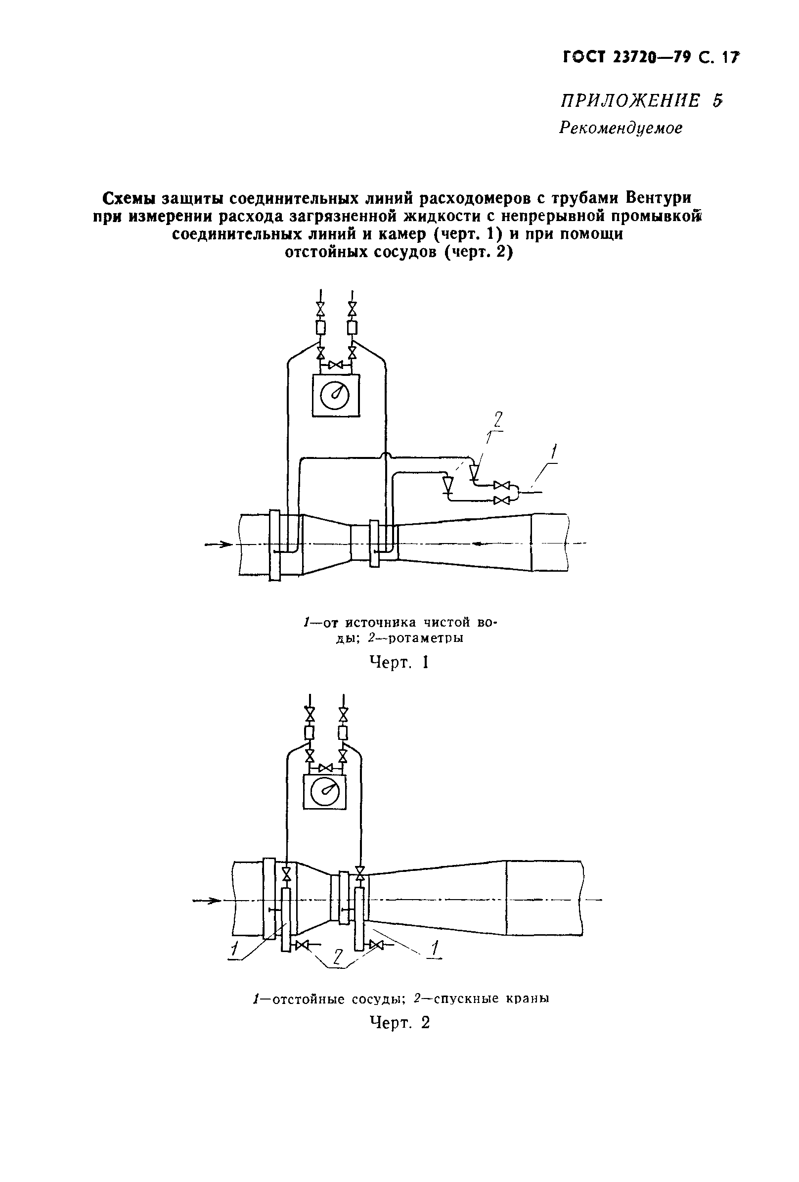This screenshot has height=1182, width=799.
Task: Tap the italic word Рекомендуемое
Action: click(x=621, y=128)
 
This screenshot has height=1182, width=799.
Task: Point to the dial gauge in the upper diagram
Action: click(x=335, y=396)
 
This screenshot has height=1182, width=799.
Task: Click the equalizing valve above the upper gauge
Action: click(x=336, y=364)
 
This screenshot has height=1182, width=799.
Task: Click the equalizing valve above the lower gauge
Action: click(x=325, y=767)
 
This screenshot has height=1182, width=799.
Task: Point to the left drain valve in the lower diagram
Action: click(x=303, y=945)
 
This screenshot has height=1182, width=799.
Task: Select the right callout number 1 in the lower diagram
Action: click(x=435, y=948)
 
